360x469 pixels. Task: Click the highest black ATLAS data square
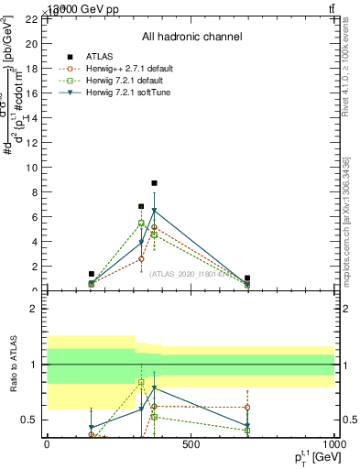[x=154, y=183]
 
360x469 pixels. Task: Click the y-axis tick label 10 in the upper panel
[x=32, y=168]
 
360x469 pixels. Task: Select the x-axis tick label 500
[x=191, y=445]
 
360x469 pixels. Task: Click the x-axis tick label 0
[x=47, y=445]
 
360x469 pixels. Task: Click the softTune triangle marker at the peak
[x=154, y=212]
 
